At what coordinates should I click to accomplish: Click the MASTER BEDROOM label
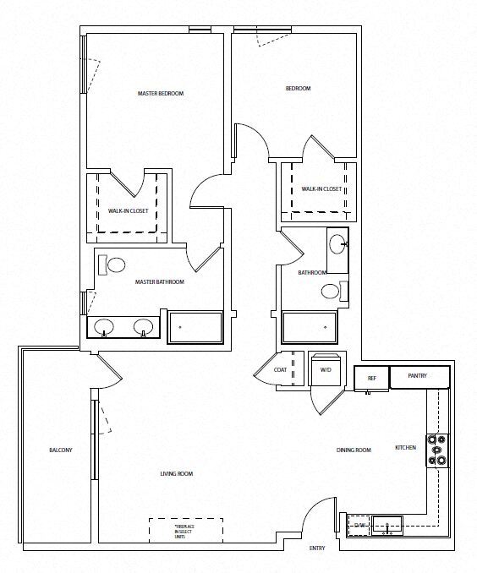coord(160,93)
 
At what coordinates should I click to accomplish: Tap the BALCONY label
coord(60,450)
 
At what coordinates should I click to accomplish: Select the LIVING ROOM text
coord(177,474)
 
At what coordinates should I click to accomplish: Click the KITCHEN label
coord(406,447)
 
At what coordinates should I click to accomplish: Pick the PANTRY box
coord(417,376)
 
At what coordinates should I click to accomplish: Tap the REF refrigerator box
coord(370,378)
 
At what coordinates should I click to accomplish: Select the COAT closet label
coord(280,370)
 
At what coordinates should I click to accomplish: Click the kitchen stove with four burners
coord(438,450)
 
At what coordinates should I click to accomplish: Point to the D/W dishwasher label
coord(359,526)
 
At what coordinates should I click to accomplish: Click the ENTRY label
coord(317,548)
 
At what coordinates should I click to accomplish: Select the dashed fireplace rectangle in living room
coord(186,531)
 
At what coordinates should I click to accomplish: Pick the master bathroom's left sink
coord(104,326)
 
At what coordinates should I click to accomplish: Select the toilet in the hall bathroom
coord(331,292)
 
